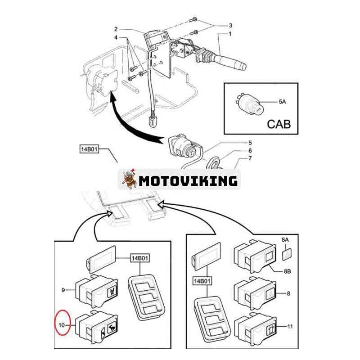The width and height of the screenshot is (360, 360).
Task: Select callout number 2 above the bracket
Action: pos(116,29)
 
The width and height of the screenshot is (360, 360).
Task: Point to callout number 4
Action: pos(116,38)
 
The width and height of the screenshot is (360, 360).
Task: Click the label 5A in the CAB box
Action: pos(282,102)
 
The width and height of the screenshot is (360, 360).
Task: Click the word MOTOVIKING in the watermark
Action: pos(188,181)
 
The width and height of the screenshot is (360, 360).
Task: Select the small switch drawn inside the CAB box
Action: pos(248,103)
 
